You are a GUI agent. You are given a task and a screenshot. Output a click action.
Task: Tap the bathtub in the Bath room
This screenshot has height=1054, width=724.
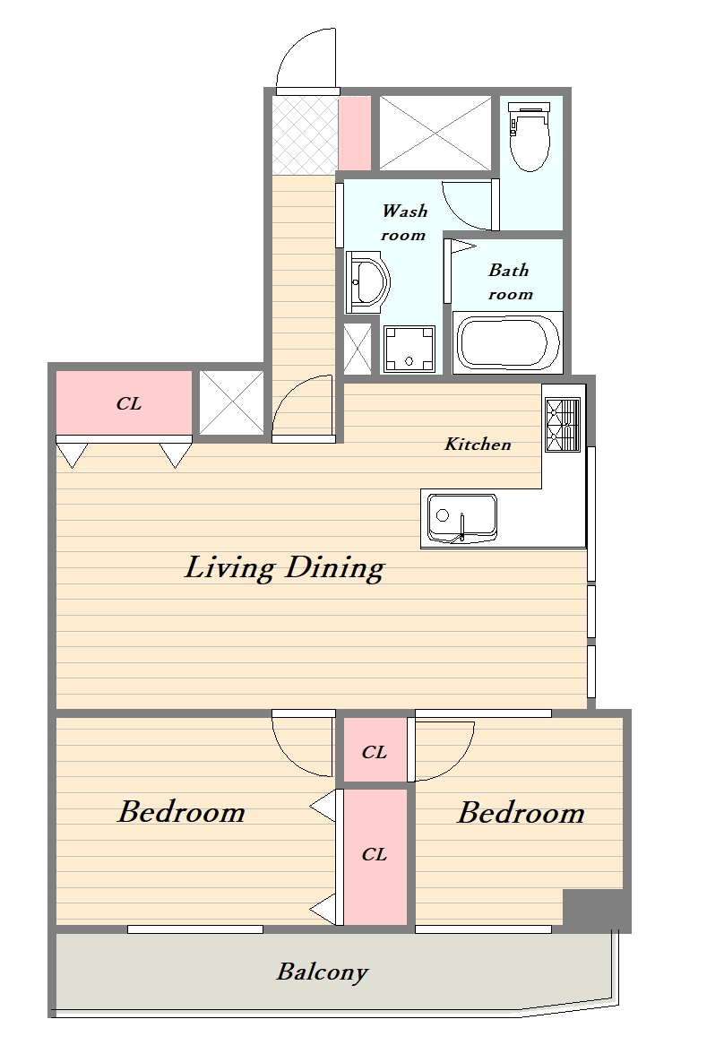pyautogui.click(x=508, y=342)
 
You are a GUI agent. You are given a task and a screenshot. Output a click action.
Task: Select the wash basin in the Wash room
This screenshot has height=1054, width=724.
pyautogui.click(x=367, y=282)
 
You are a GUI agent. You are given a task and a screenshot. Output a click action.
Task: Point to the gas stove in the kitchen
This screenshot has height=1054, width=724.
pyautogui.click(x=563, y=425)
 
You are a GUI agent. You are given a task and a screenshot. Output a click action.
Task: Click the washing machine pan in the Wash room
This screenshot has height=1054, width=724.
pyautogui.click(x=409, y=349)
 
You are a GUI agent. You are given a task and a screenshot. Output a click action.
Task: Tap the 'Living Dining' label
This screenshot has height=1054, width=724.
pyautogui.click(x=284, y=568)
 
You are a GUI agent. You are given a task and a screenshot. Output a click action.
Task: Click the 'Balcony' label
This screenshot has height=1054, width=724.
pyautogui.click(x=323, y=972)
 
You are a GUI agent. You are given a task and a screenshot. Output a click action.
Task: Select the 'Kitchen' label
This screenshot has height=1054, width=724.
pyautogui.click(x=478, y=444)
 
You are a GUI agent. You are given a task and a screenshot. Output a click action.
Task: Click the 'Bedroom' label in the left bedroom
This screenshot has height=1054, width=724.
pyautogui.click(x=182, y=812)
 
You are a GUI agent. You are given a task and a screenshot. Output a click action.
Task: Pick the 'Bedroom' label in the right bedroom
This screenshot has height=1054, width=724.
pyautogui.click(x=521, y=814)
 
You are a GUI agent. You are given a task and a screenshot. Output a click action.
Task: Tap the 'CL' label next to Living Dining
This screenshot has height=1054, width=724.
pyautogui.click(x=128, y=403)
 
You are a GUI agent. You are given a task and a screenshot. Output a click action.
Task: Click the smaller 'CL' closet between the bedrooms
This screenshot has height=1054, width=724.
pyautogui.click(x=375, y=750)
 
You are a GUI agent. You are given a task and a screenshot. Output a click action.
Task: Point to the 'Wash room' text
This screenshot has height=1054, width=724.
pyautogui.click(x=404, y=222)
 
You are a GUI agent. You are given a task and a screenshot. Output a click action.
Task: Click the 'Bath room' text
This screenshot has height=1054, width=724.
pyautogui.click(x=510, y=281)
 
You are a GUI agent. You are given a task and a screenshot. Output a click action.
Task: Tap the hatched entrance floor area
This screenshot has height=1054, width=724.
pyautogui.click(x=305, y=134)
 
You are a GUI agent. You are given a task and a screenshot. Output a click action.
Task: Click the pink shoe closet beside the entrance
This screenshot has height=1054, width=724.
pyautogui.click(x=354, y=133)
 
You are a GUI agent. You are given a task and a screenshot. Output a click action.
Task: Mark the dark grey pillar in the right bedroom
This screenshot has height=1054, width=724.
pyautogui.click(x=596, y=911)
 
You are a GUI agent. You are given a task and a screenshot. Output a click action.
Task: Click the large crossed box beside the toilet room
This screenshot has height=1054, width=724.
pyautogui.click(x=435, y=133)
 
